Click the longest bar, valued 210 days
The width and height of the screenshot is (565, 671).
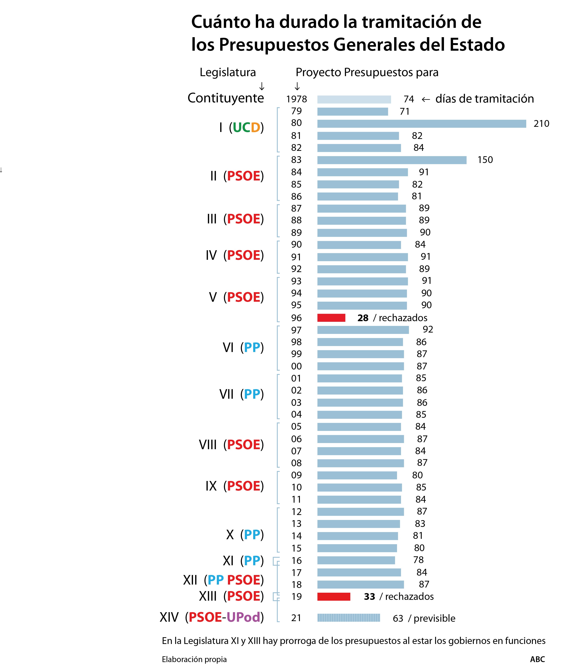point(422,124)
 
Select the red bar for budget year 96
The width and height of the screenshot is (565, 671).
point(331,318)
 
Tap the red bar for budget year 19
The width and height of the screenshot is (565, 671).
point(333,596)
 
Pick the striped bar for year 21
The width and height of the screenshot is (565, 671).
point(349,618)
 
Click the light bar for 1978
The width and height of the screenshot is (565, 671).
point(354,99)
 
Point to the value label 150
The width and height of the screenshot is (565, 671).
point(485,160)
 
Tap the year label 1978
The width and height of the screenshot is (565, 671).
point(297,99)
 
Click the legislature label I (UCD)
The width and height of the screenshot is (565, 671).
point(241,127)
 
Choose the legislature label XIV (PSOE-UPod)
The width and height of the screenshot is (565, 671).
point(212,617)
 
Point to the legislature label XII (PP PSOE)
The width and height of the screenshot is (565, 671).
point(223,580)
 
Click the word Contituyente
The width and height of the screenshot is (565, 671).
point(226,98)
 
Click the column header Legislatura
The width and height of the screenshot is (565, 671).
point(228,72)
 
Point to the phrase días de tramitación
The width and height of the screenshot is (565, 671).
point(484,99)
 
